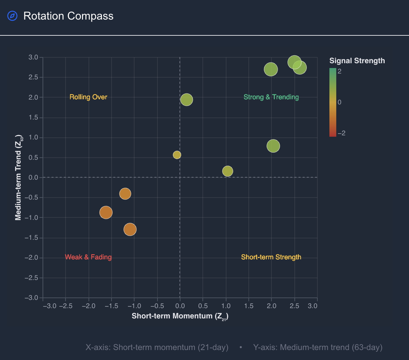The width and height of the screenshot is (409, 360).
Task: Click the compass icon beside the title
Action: pos(12,16)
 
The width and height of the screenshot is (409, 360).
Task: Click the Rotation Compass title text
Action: pos(68,16)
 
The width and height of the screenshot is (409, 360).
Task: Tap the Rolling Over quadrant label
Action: pos(88,97)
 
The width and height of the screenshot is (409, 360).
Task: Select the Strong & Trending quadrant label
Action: pos(271,97)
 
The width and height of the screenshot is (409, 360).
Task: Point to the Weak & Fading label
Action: pos(88,257)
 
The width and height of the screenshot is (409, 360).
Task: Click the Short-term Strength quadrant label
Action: pos(271,257)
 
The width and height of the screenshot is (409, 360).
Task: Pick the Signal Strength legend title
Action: pos(357,61)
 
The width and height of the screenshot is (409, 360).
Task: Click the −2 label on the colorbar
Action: pos(341,133)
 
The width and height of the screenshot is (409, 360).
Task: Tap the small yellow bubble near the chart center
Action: pos(177,155)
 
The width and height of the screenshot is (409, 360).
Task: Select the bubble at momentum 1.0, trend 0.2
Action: pos(227,171)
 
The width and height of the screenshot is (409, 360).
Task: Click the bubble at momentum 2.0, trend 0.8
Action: pos(273,146)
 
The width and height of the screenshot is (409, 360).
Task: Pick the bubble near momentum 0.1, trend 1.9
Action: pos(186,100)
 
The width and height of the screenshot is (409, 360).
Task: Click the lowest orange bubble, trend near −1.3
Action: pos(130,229)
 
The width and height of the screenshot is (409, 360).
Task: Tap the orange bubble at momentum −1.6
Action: pos(106,212)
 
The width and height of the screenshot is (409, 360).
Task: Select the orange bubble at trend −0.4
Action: pos(125,194)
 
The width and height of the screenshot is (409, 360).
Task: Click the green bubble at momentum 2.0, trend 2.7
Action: pos(271,69)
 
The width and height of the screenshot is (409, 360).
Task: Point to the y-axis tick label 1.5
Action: pos(33,117)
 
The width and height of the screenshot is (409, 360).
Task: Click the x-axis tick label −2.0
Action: pos(89,306)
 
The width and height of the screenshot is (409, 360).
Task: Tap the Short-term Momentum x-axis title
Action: pos(180,316)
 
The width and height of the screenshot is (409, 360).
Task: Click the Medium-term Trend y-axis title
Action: pos(19,177)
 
